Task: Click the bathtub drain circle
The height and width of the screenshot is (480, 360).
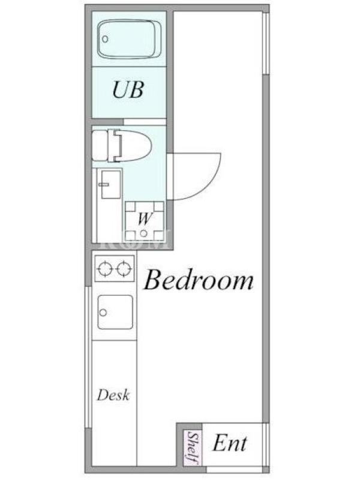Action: tap(106, 39)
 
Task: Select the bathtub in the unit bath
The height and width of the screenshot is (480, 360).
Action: tap(130, 39)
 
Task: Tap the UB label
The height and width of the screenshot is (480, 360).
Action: tap(128, 89)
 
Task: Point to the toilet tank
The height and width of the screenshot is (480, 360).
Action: tap(100, 146)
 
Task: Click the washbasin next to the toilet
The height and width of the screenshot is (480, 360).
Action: tap(111, 185)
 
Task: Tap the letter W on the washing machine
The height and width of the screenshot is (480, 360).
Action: tap(145, 218)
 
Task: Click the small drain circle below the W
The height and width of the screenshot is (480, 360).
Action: tap(143, 233)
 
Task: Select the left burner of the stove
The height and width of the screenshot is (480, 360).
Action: tap(104, 268)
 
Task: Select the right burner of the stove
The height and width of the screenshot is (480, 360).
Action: tap(125, 268)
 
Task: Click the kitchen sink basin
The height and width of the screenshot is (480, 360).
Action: tap(115, 312)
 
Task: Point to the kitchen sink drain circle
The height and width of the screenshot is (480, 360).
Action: tap(103, 313)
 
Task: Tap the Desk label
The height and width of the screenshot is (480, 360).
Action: tap(113, 395)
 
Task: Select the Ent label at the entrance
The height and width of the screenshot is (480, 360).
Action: tap(230, 443)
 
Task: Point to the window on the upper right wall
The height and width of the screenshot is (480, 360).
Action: tap(266, 43)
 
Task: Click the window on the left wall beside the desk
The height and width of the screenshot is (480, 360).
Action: tap(88, 357)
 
